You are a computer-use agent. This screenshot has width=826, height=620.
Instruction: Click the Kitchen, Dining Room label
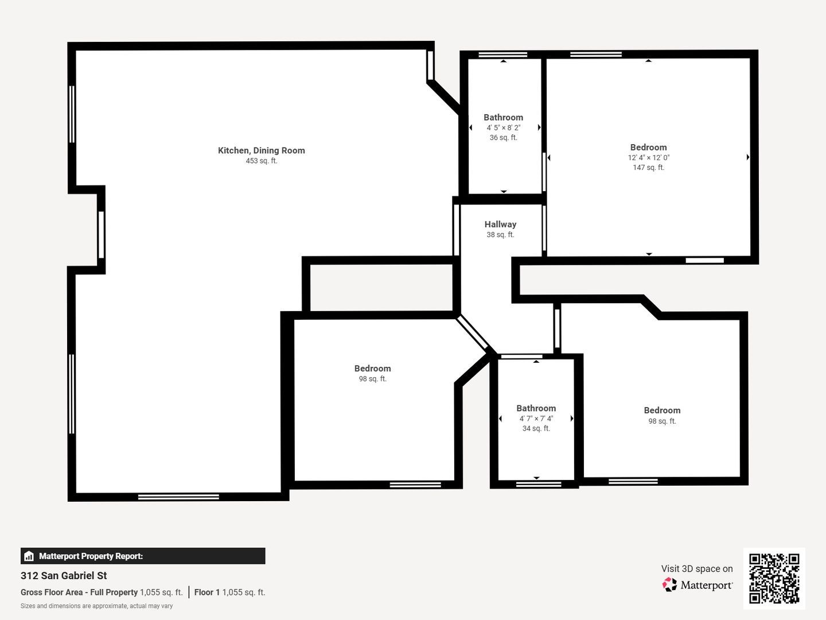[x=261, y=150]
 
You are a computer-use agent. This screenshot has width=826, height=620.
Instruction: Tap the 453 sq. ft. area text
[x=262, y=161]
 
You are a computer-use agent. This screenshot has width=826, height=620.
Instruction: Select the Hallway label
[x=500, y=224]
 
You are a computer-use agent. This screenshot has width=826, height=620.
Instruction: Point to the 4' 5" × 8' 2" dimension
[x=504, y=127]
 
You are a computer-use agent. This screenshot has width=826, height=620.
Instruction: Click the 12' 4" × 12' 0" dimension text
[x=649, y=157]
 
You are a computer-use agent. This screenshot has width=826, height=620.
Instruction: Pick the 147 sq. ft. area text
[x=649, y=168]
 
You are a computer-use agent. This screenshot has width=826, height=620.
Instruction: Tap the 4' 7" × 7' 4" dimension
[x=536, y=418]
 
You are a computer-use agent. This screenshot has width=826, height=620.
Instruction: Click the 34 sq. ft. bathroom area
[x=536, y=428]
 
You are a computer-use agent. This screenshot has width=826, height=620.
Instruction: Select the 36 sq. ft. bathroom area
[x=504, y=138]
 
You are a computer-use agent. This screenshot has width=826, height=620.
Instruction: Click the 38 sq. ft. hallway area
[x=500, y=235]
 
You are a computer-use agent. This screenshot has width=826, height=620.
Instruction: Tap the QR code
[x=774, y=579]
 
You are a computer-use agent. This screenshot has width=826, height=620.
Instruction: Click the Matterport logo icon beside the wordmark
[x=669, y=584]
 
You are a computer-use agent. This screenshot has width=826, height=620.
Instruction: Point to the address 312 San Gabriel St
[x=64, y=576]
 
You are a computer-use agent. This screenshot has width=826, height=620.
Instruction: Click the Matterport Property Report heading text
[x=91, y=556]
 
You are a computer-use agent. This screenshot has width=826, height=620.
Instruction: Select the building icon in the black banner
[x=29, y=556]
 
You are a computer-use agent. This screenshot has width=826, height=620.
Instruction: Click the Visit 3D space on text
[x=697, y=569]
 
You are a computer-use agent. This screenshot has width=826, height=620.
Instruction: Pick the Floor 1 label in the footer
[x=206, y=592]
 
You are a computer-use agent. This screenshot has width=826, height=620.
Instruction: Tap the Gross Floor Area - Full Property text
[x=79, y=592]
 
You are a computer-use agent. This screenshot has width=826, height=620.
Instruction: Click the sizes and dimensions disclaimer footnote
[x=96, y=606]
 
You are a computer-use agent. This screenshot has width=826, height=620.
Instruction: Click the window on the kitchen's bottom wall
[x=178, y=497]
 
